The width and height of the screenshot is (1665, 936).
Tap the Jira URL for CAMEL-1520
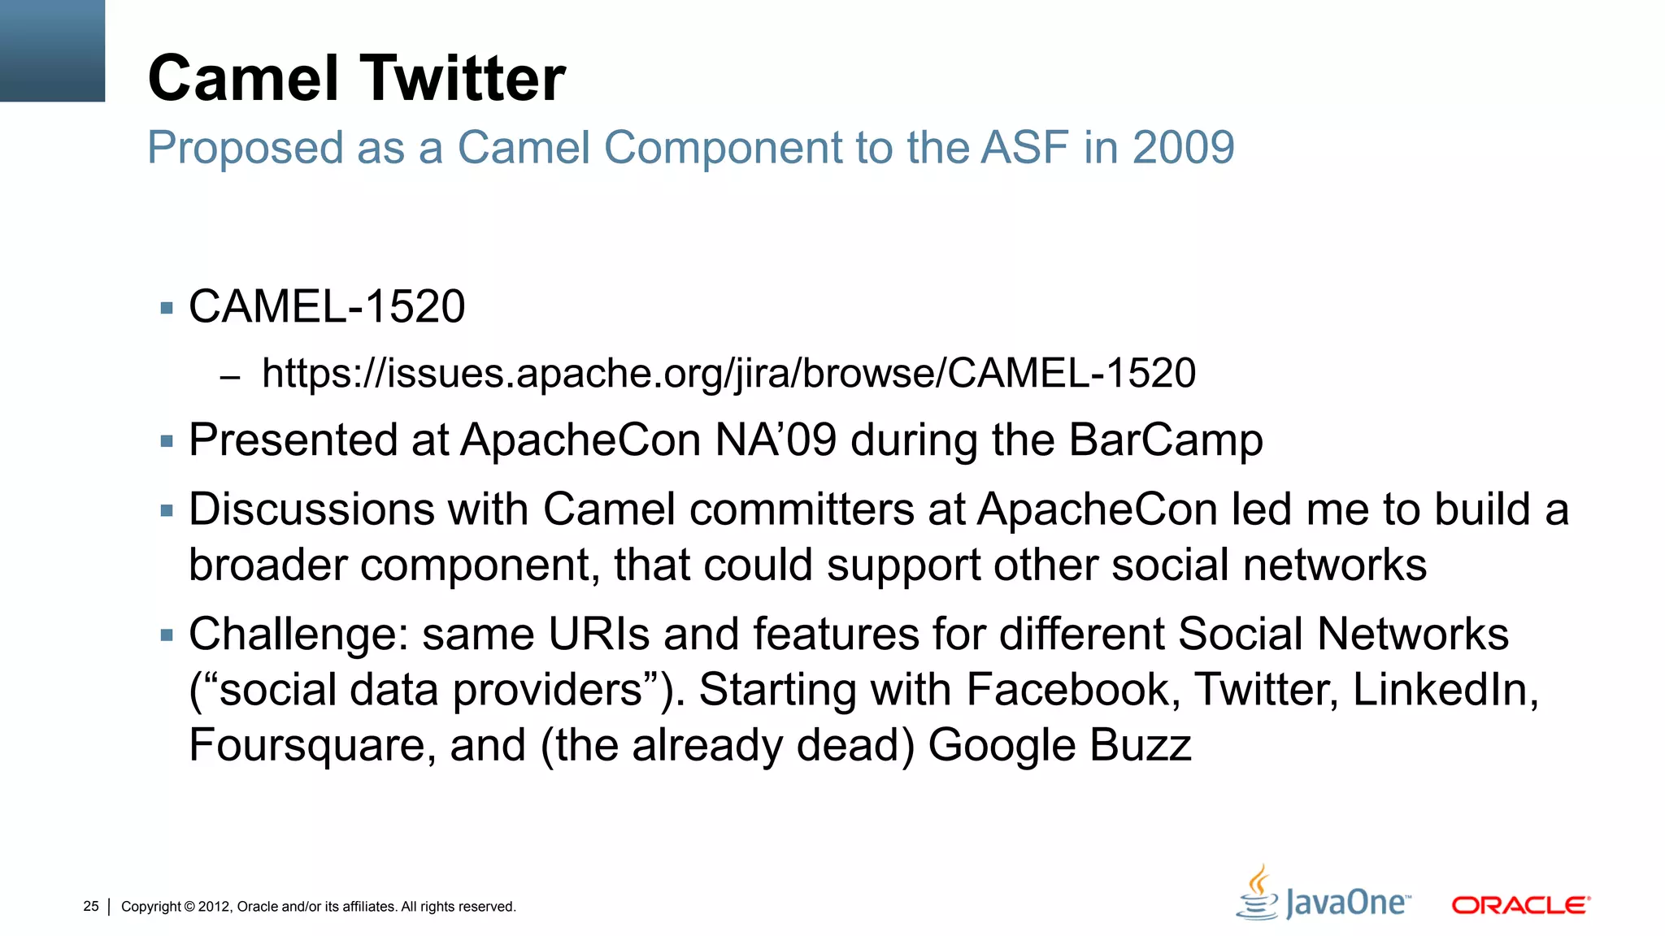coord(728,374)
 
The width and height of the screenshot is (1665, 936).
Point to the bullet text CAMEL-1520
coord(327,307)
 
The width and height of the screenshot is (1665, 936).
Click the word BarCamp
coord(1165,440)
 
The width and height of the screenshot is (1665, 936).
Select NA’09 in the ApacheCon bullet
coord(776,440)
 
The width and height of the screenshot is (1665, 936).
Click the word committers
coord(802,509)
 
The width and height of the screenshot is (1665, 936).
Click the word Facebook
coord(1067,690)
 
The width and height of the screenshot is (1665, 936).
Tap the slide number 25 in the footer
coord(91,906)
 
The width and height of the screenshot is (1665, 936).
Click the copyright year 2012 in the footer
coord(215,907)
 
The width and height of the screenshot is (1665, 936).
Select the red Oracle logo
coord(1520,905)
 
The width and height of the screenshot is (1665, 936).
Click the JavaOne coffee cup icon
coord(1258,893)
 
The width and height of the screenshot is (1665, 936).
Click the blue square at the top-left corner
coord(52,50)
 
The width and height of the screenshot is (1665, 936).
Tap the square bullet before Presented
coord(167,442)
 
